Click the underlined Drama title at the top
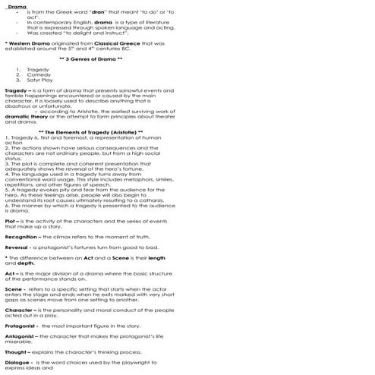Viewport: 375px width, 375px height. click(x=17, y=7)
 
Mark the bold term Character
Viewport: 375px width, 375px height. click(x=20, y=310)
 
